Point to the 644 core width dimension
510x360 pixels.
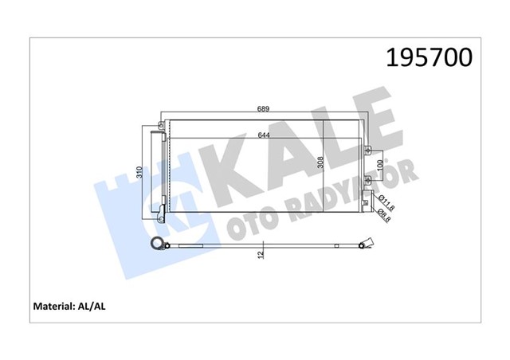coord(264,135)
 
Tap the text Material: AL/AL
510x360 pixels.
coord(69,305)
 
